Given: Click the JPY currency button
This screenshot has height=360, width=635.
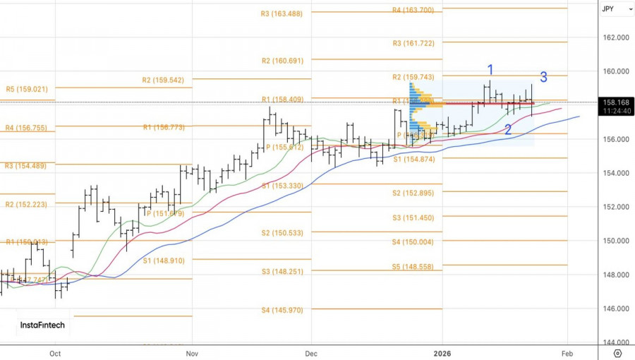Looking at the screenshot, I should pos(607,9).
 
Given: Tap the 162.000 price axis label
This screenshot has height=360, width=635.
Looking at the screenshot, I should pos(616,37).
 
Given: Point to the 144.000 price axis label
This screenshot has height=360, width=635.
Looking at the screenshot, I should pos(616,342).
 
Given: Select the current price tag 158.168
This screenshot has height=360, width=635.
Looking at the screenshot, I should pos(616,102).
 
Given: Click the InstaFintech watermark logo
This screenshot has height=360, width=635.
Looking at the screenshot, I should pos(43,325).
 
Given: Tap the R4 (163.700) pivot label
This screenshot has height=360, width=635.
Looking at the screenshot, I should pos(418,10).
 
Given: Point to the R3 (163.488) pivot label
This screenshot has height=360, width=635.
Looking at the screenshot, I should pos(282,13).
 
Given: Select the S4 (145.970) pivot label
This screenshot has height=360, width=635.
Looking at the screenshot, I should pos(282,310).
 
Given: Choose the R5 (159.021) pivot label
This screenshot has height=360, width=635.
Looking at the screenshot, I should pos(27,90).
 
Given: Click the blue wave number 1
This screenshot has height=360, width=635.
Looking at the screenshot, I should pos(490,69).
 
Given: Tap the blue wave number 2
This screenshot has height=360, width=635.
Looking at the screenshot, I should pos(508,130).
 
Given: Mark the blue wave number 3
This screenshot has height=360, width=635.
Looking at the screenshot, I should pos(543,77).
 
